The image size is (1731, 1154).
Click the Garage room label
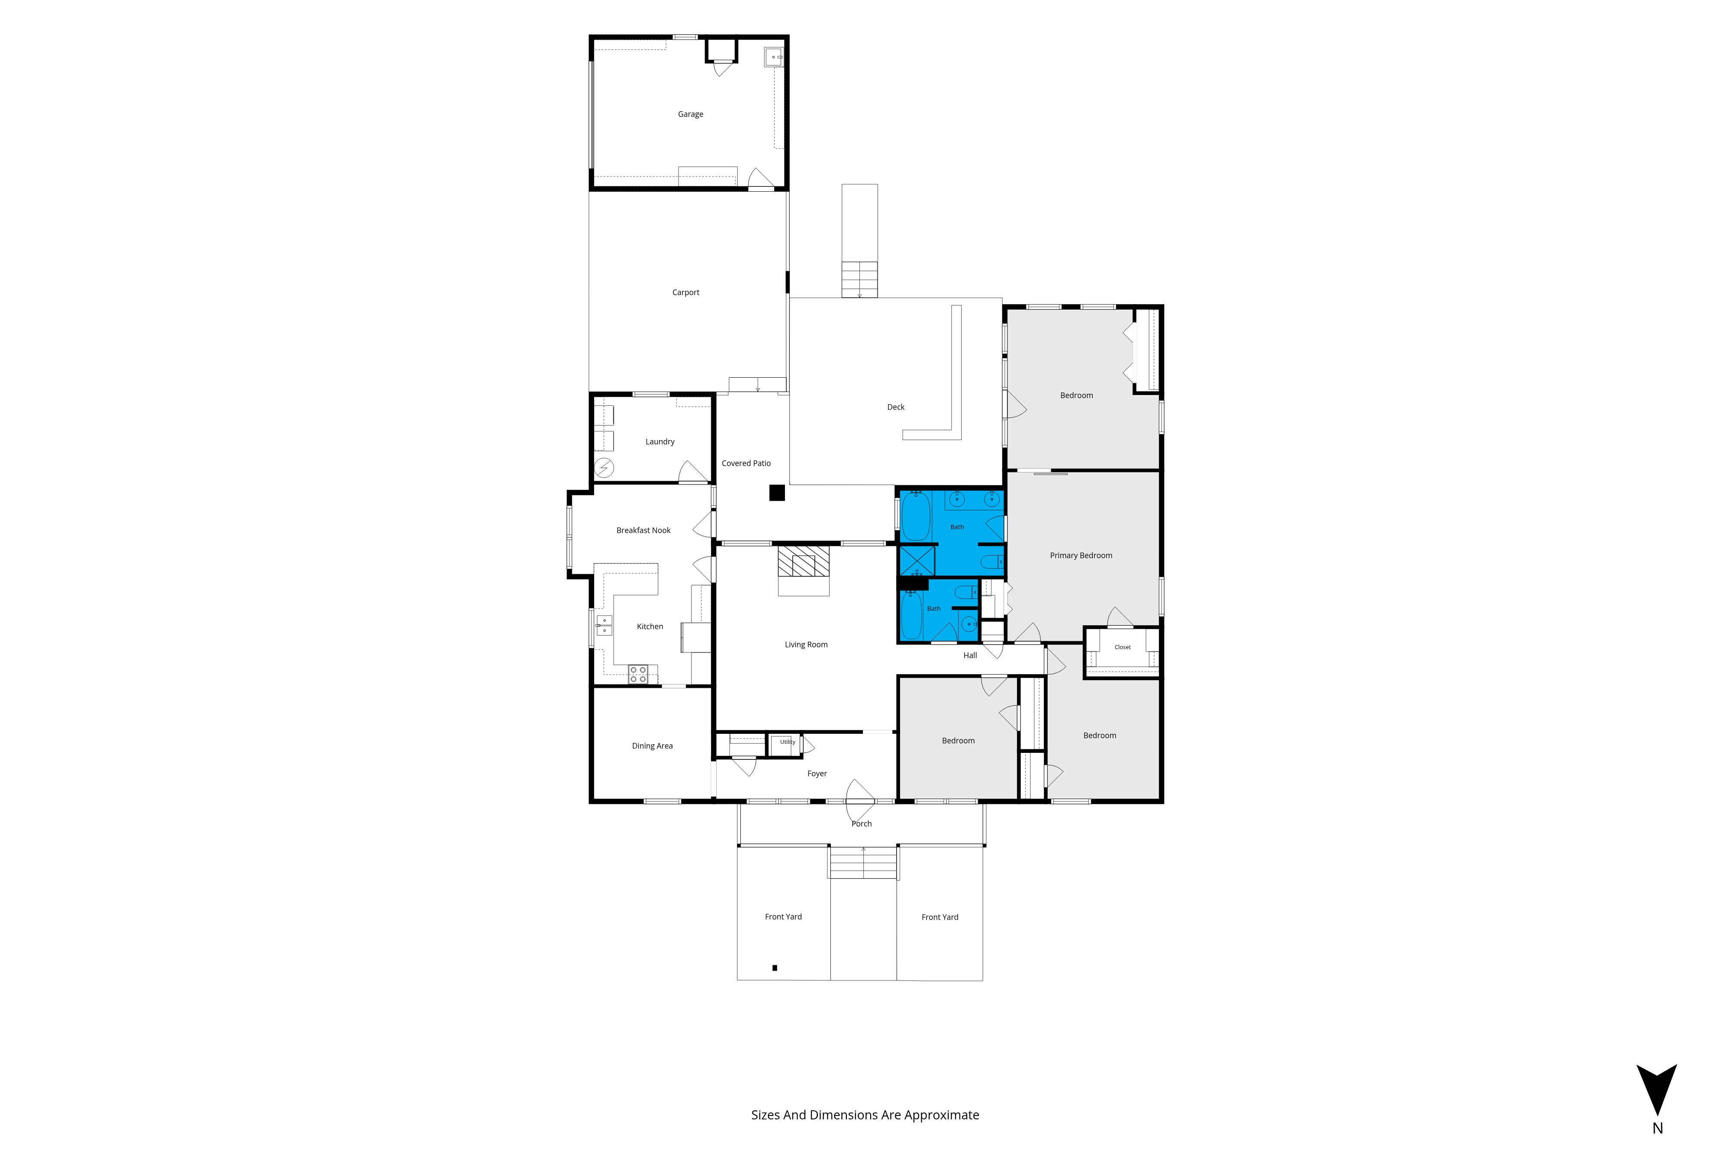tap(690, 114)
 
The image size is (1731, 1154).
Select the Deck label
tap(896, 407)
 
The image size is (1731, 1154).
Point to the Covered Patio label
tap(746, 463)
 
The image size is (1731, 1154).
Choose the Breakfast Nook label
tap(643, 530)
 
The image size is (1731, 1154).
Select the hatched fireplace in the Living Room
tap(804, 561)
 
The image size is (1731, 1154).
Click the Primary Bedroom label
tap(1081, 556)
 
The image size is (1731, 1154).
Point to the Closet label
tap(1123, 647)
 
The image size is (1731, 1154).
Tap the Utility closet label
tap(788, 742)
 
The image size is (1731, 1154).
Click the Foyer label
tap(817, 774)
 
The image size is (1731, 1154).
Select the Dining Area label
tap(652, 746)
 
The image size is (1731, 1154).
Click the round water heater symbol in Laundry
tap(604, 467)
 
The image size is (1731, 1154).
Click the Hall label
tap(970, 656)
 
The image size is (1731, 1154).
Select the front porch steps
tap(863, 862)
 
